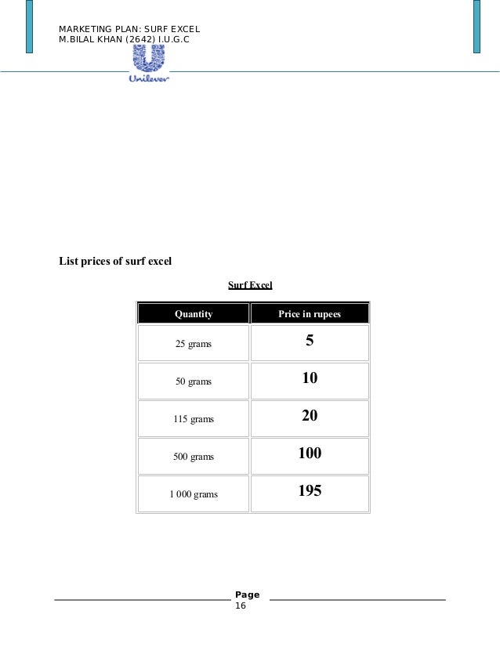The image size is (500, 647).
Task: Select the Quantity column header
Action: click(194, 314)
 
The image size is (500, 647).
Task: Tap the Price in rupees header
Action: click(310, 314)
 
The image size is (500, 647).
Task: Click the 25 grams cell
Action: click(194, 344)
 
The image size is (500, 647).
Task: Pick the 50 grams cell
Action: click(194, 381)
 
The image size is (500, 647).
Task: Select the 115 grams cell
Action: click(194, 419)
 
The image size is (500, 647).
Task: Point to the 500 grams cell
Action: click(194, 456)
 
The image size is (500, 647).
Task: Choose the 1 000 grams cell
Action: click(194, 494)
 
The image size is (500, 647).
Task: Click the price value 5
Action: click(310, 342)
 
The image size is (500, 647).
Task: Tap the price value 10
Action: click(310, 379)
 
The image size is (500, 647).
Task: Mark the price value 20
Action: click(310, 417)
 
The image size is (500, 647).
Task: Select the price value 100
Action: click(310, 454)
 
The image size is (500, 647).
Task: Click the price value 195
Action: click(310, 491)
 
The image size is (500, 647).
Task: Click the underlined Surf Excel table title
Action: click(250, 285)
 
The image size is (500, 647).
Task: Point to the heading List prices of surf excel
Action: click(115, 261)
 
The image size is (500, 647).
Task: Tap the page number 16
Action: click(241, 606)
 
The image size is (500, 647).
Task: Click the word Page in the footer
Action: click(247, 595)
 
